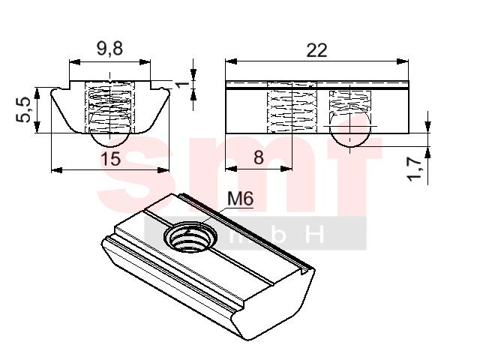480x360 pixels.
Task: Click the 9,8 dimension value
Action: click(109, 49)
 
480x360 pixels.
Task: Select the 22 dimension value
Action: click(316, 51)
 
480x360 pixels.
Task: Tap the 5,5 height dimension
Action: click(24, 109)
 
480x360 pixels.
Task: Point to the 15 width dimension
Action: click(110, 159)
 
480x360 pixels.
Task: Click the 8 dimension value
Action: click(259, 157)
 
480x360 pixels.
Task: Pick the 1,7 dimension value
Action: click(415, 169)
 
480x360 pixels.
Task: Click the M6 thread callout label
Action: click(241, 199)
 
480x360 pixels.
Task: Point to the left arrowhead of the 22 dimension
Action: click(231, 61)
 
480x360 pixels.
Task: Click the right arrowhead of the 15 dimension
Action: click(163, 170)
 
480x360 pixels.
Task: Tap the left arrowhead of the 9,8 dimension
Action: click(75, 62)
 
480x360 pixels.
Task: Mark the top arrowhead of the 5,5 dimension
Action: click(37, 93)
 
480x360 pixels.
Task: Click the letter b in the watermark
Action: click(277, 234)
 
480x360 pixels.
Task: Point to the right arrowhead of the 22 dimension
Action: click(403, 61)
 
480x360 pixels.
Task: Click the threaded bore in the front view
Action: click(109, 107)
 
